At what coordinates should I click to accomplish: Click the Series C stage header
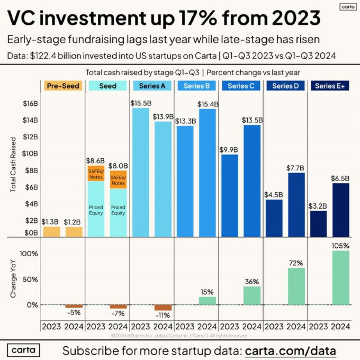coord(241,86)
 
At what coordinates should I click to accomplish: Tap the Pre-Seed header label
coord(63,86)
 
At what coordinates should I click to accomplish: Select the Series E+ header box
coord(330,86)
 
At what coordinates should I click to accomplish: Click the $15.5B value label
coord(140,103)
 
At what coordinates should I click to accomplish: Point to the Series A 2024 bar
coord(163,179)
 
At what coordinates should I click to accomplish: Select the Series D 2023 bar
coord(274,218)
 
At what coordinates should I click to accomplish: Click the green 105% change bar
coord(340,277)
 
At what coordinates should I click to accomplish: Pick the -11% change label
coord(163,314)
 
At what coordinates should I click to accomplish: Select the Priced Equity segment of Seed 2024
coord(118,212)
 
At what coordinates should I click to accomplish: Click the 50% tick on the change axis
coord(30,279)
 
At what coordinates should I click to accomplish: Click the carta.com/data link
coord(290,349)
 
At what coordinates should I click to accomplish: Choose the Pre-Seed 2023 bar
coord(51,232)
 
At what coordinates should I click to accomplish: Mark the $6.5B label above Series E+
coord(341,178)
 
